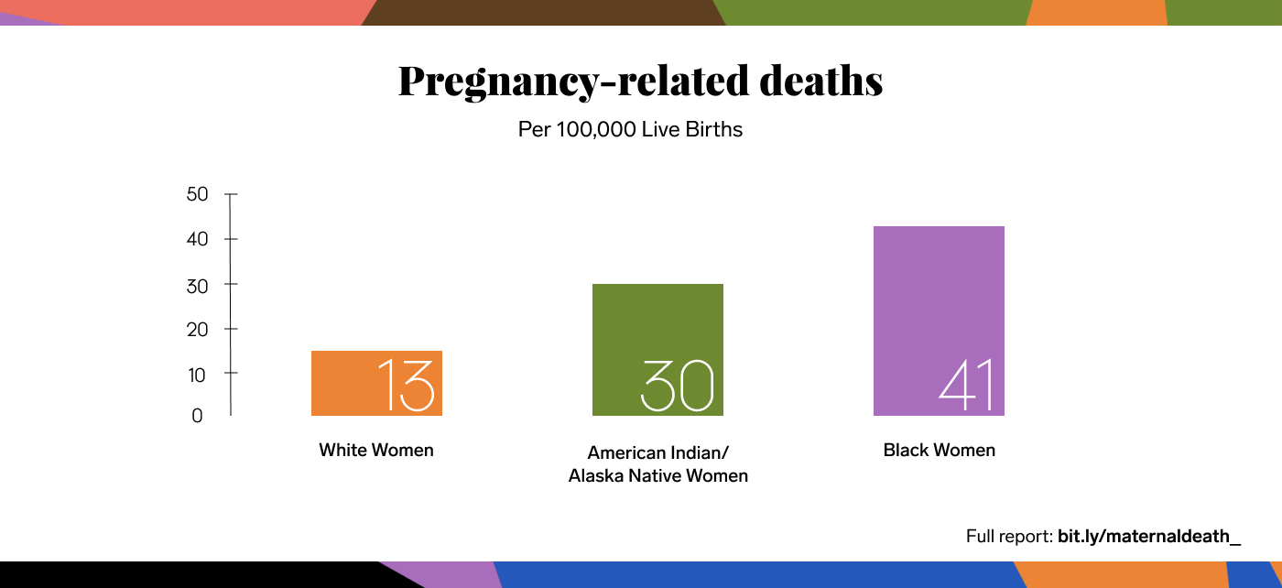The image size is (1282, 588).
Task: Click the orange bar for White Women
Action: pyautogui.click(x=343, y=383)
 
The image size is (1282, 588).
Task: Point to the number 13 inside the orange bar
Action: pyautogui.click(x=405, y=385)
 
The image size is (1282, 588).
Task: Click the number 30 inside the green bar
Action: pyautogui.click(x=676, y=386)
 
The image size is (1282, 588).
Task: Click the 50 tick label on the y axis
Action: pyautogui.click(x=197, y=194)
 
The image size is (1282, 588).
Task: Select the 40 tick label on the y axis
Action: pyautogui.click(x=197, y=239)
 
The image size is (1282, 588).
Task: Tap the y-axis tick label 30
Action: pyautogui.click(x=197, y=285)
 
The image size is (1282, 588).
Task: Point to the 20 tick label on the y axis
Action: pyautogui.click(x=197, y=329)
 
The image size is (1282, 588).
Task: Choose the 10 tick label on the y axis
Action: pyautogui.click(x=197, y=374)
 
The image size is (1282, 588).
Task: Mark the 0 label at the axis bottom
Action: pyautogui.click(x=197, y=416)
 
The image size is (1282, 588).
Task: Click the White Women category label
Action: pyautogui.click(x=376, y=451)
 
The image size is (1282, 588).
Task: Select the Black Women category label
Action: pyautogui.click(x=939, y=451)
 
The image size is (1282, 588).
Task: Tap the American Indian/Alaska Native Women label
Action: pyautogui.click(x=657, y=464)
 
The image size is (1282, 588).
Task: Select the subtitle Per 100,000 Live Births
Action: pyautogui.click(x=630, y=129)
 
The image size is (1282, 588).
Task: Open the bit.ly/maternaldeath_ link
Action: pyautogui.click(x=1149, y=537)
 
